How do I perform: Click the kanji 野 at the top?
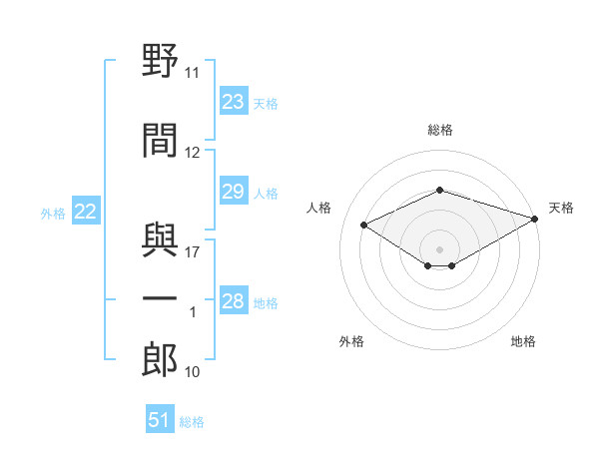pyautogui.click(x=160, y=60)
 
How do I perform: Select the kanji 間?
pyautogui.click(x=160, y=140)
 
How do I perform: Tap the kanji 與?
pyautogui.click(x=160, y=239)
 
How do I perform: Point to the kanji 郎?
pyautogui.click(x=160, y=359)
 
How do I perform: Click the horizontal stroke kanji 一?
pyautogui.click(x=160, y=298)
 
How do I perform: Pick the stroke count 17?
pyautogui.click(x=192, y=252)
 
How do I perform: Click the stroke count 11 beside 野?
pyautogui.click(x=192, y=73)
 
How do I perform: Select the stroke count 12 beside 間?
pyautogui.click(x=192, y=153)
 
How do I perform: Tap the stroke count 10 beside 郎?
pyautogui.click(x=192, y=372)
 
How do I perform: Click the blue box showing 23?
pyautogui.click(x=234, y=101)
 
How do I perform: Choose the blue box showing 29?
pyautogui.click(x=234, y=191)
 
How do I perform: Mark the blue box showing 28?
pyautogui.click(x=234, y=299)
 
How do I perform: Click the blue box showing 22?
pyautogui.click(x=86, y=211)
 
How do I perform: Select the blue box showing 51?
pyautogui.click(x=160, y=418)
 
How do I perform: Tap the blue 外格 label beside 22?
pyautogui.click(x=53, y=214)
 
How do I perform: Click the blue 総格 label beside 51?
pyautogui.click(x=192, y=422)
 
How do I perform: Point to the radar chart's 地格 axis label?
pyautogui.click(x=523, y=341)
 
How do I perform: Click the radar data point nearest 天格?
pyautogui.click(x=535, y=219)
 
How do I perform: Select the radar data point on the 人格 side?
pyautogui.click(x=363, y=225)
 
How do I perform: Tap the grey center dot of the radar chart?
pyautogui.click(x=439, y=249)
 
